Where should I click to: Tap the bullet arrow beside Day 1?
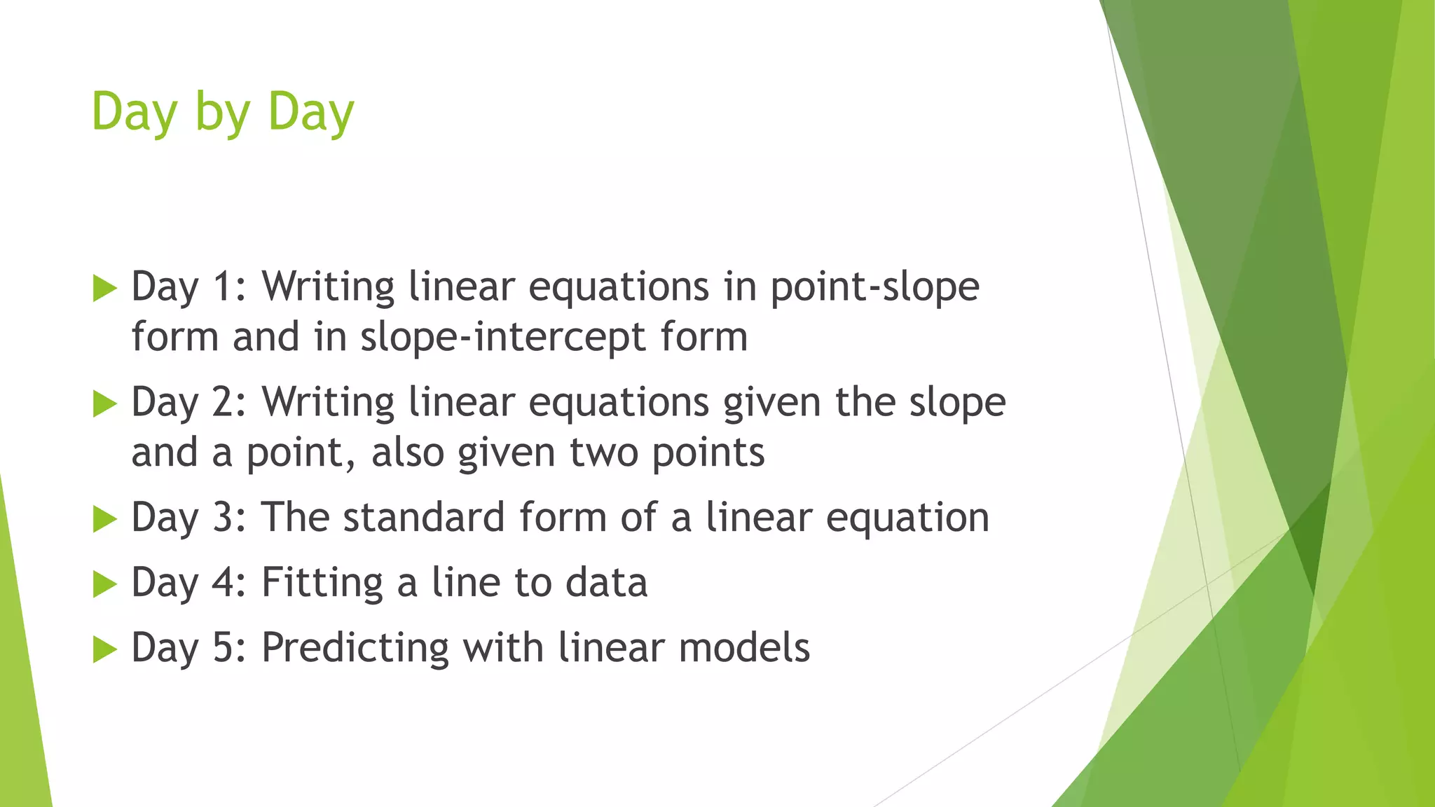[x=104, y=288]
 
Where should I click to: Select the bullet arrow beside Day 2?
[x=104, y=403]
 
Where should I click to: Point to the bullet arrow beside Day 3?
[x=104, y=519]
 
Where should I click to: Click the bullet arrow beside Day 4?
[x=104, y=584]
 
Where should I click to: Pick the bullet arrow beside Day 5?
[x=104, y=649]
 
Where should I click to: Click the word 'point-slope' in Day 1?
[x=874, y=288]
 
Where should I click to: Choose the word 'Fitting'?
[x=322, y=583]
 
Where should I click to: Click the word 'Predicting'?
[x=355, y=648]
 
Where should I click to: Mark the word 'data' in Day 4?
[x=606, y=583]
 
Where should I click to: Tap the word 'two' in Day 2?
[x=603, y=453]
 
